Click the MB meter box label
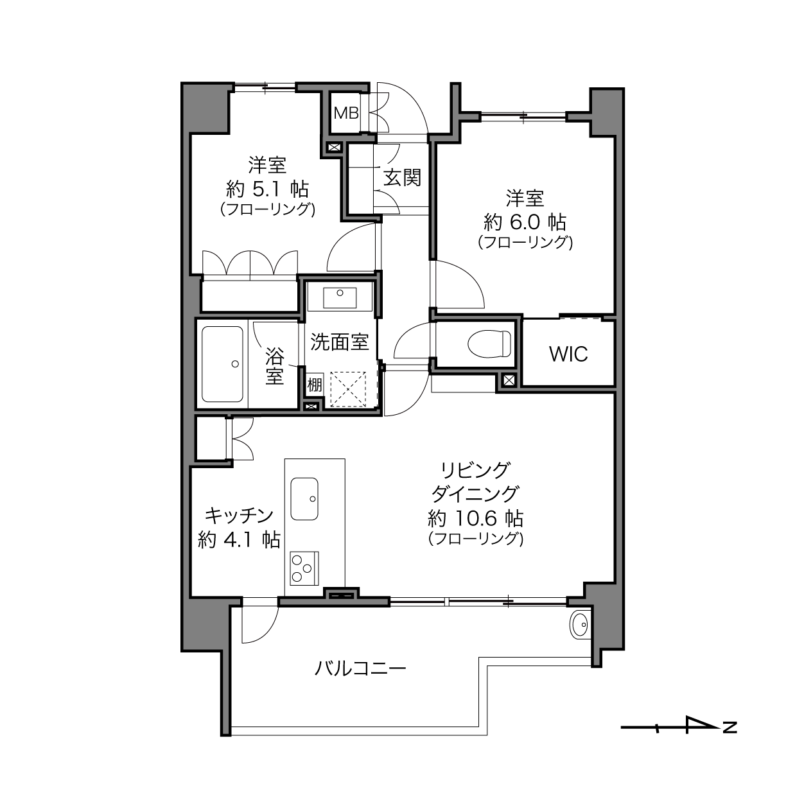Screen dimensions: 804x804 (346, 112)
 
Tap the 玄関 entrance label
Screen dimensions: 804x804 (402, 178)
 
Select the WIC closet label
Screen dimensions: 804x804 (568, 354)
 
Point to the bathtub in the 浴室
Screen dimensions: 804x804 (222, 364)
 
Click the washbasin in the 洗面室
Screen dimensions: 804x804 (340, 298)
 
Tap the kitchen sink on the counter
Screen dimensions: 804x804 (304, 498)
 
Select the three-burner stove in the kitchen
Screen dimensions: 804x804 (304, 568)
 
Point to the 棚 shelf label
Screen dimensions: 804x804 (315, 384)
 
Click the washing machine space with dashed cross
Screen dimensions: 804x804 (348, 389)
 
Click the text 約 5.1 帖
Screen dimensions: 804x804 (267, 190)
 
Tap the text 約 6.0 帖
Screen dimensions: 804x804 (525, 222)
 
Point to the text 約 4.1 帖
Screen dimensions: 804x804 (239, 540)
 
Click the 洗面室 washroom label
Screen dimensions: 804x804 (340, 342)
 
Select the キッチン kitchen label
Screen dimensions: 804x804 (239, 516)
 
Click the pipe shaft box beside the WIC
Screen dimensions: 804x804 (509, 381)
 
